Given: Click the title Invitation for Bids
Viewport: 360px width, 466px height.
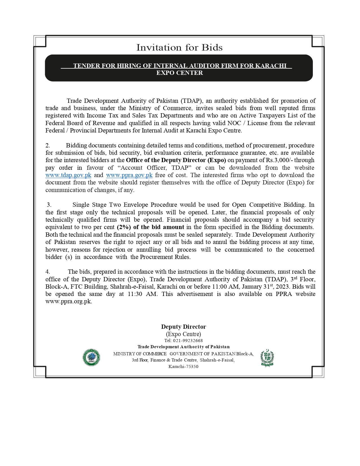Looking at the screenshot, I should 180,47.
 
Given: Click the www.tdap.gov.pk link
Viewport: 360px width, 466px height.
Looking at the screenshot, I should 68,175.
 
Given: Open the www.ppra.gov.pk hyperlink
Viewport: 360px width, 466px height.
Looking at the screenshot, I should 129,175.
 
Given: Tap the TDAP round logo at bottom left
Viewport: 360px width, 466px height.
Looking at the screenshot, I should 91,357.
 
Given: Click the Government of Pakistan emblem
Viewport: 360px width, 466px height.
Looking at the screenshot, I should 267,358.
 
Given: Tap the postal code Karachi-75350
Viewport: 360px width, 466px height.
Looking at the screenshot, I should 183,367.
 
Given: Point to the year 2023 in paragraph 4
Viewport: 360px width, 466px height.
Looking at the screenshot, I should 283,287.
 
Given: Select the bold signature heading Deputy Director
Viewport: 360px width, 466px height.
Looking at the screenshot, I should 184,327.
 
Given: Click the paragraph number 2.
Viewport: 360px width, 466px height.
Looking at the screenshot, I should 48,145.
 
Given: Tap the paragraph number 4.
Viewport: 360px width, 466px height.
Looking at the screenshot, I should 48,272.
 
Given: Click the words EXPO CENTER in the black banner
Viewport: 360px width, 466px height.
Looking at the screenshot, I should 180,73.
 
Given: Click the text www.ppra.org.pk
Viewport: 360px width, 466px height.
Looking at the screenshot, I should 69,301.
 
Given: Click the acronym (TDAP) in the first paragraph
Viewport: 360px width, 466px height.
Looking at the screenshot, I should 191,101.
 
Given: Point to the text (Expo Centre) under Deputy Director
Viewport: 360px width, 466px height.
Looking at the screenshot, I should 184,334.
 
